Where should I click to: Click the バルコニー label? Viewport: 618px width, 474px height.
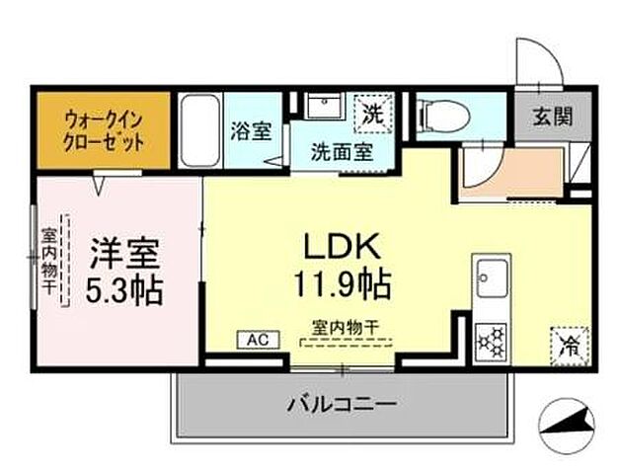coord(343,404)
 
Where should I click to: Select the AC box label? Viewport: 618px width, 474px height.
coord(257,340)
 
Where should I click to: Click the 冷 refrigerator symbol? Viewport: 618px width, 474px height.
coord(568,345)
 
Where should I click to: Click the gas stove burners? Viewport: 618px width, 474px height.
coord(490,342)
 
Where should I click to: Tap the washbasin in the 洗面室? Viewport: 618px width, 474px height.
coord(322,108)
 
